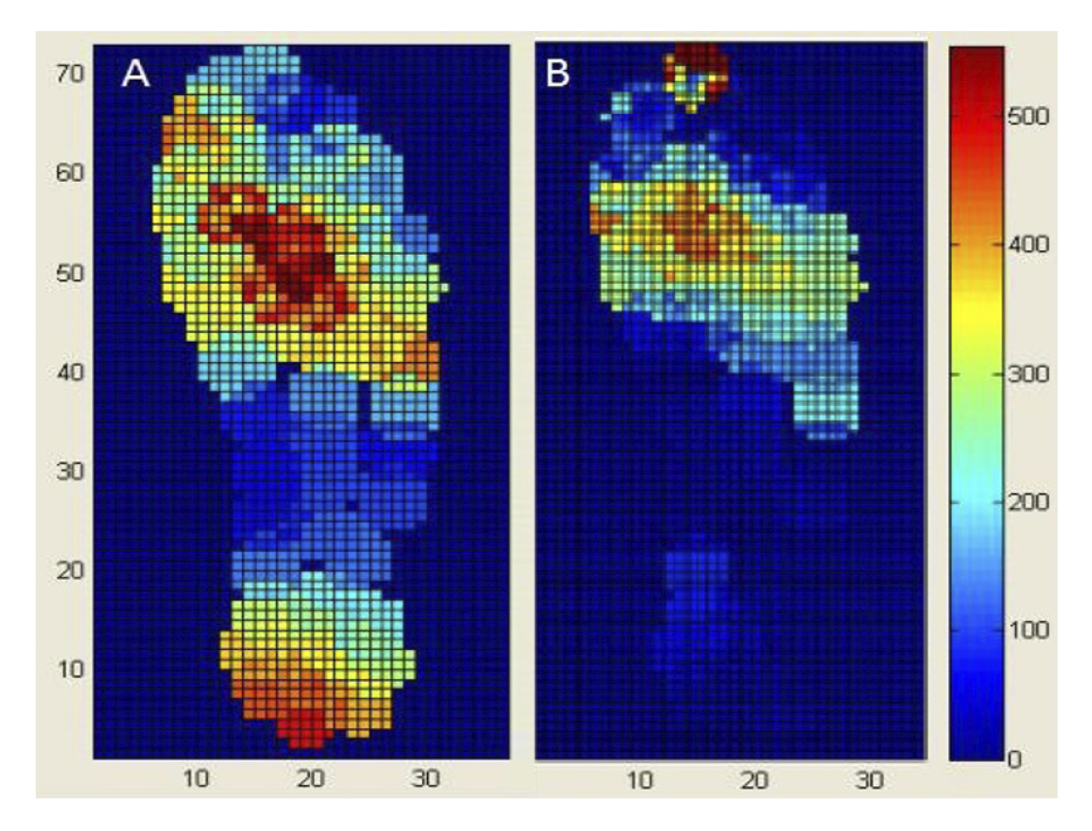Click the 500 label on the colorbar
(1032, 117)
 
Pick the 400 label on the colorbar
(1032, 245)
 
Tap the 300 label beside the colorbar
(1032, 374)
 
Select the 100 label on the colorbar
(1032, 631)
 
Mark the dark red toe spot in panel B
(692, 62)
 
